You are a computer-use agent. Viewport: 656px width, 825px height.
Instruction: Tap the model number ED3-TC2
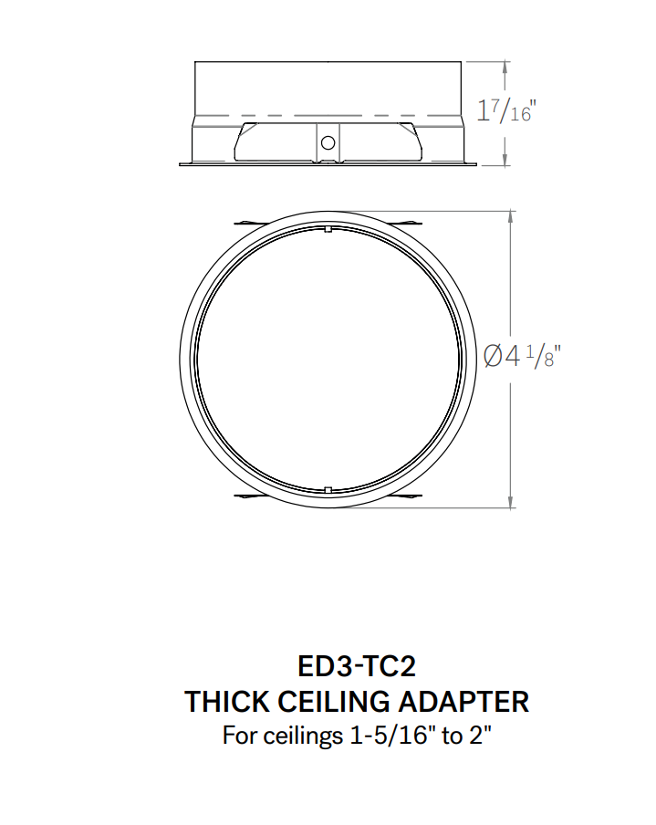click(357, 666)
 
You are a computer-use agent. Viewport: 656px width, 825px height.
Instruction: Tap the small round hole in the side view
click(328, 142)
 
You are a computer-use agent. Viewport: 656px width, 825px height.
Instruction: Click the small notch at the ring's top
click(328, 233)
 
